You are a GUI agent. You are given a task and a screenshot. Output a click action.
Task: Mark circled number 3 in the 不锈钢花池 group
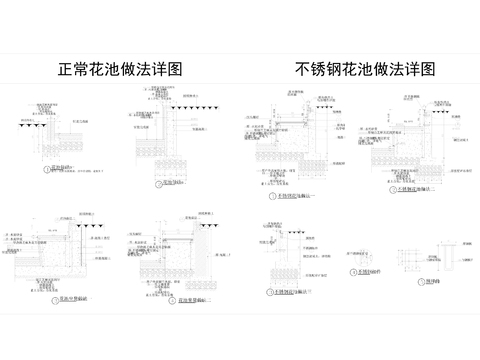(x=267, y=290)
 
